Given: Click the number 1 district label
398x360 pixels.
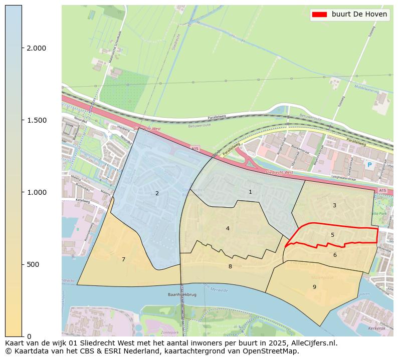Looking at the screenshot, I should click(x=250, y=192).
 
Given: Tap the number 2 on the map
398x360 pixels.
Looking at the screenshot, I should click(x=157, y=193).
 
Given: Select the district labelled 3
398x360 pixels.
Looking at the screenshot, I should click(x=334, y=205).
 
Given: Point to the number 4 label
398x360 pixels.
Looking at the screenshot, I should click(x=228, y=228).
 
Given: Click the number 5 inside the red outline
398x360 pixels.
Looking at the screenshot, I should click(x=332, y=235).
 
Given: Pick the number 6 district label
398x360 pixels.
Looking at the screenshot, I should click(x=335, y=255).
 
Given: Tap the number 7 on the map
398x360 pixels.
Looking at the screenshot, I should click(x=123, y=259).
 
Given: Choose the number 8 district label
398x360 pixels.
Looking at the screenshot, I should click(x=230, y=266).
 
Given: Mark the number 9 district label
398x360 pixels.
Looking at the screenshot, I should click(x=314, y=287).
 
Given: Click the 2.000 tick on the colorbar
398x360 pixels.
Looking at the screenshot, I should click(x=36, y=48).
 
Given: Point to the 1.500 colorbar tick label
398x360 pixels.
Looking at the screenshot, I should click(x=36, y=120).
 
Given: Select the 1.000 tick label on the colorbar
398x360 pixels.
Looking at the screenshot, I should click(x=36, y=192).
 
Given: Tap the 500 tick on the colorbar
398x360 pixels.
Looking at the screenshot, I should click(x=33, y=264).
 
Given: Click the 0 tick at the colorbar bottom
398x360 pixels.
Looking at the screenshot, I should click(x=29, y=336).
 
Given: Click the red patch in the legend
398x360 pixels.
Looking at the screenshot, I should click(x=319, y=15).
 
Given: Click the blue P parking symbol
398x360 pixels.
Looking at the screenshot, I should click(x=369, y=165).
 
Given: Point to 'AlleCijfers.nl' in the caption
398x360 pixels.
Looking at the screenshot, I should click(x=314, y=343).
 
